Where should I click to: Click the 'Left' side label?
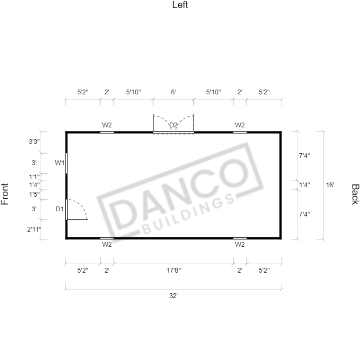180,5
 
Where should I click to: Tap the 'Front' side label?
5,194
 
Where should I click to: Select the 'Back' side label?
355,194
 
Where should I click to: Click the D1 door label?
59,209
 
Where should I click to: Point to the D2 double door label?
173,125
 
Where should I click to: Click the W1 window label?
59,163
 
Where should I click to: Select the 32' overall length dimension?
173,296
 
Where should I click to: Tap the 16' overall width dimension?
330,185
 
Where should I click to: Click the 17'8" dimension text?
174,270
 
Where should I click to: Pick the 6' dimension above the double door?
173,92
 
